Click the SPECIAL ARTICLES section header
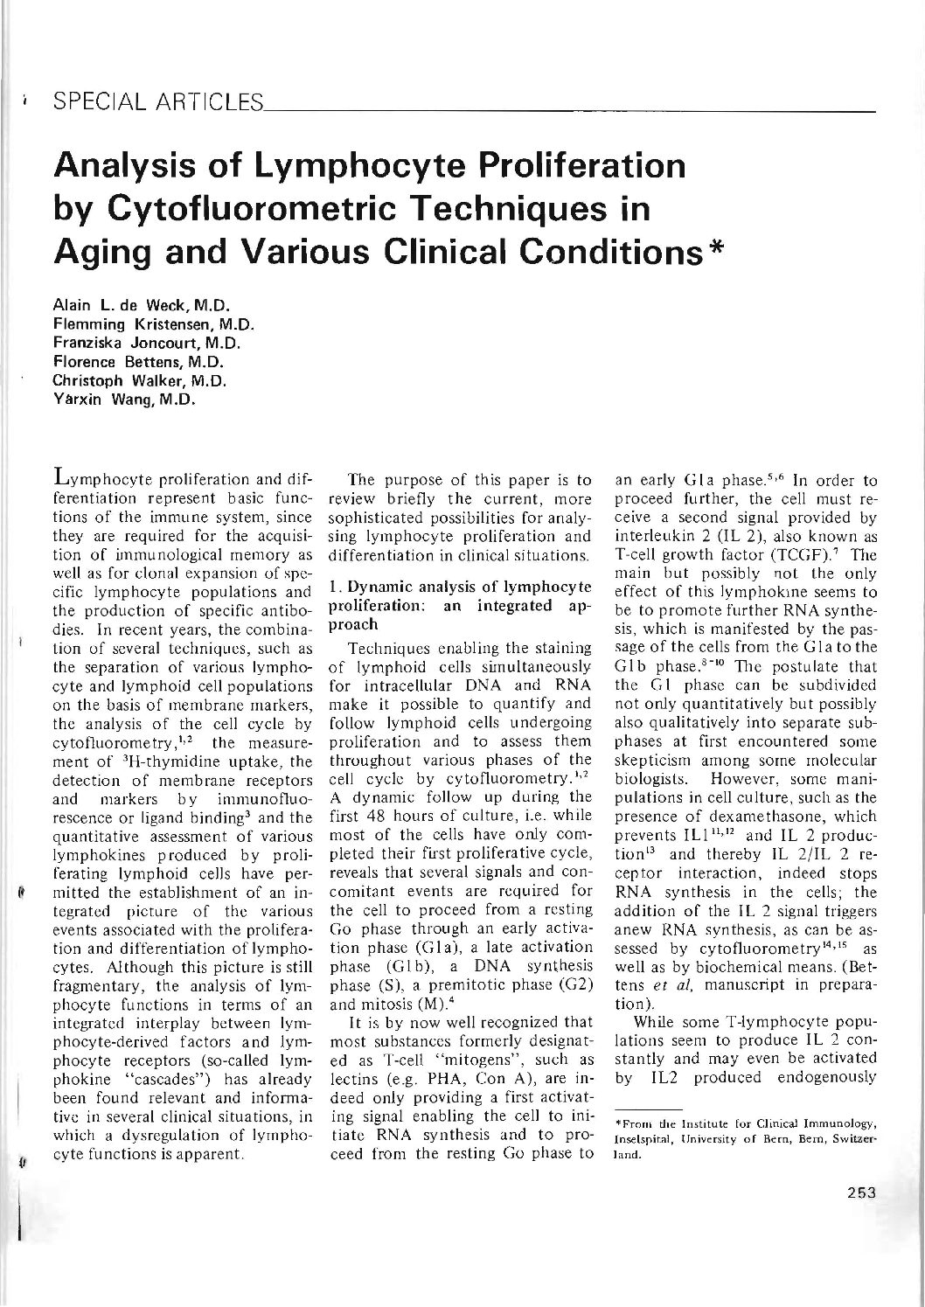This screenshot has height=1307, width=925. click(157, 105)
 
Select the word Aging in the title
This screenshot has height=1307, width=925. click(98, 253)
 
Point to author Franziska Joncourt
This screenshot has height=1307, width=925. click(141, 342)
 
